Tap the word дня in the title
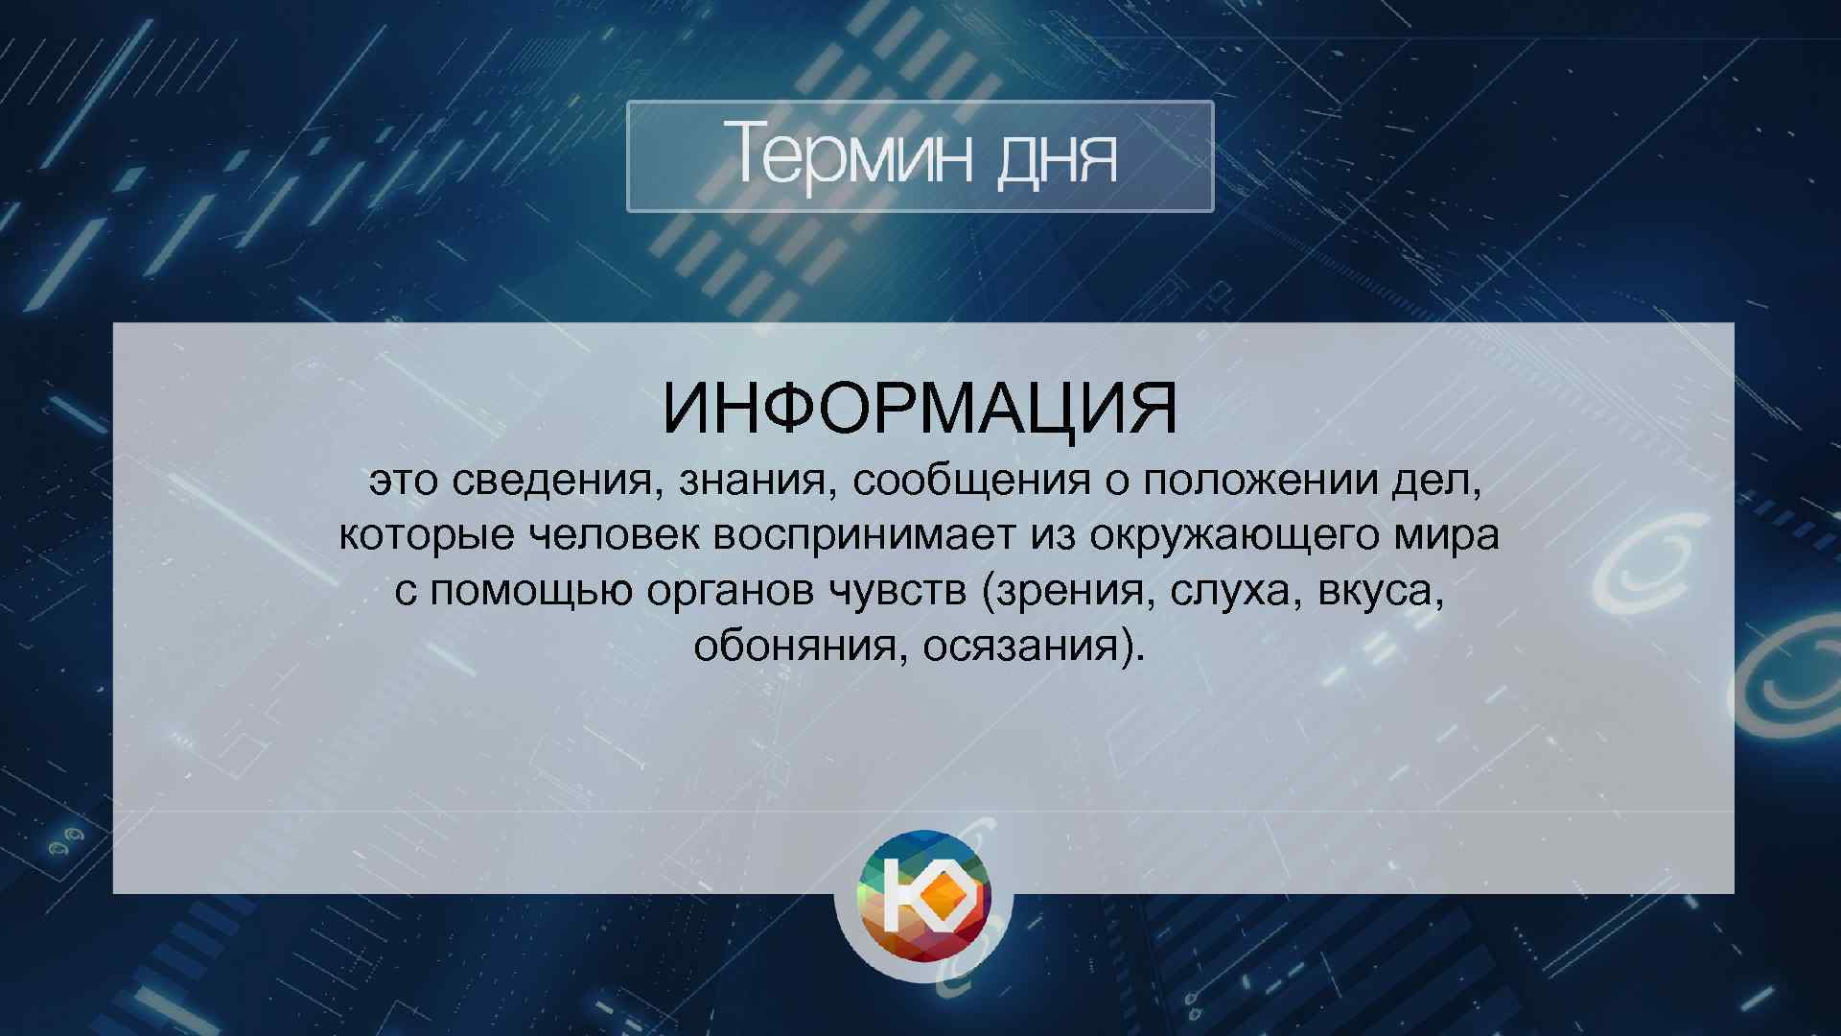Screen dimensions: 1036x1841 click(1058, 159)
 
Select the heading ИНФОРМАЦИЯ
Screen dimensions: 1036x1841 click(920, 408)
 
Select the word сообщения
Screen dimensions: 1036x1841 click(971, 481)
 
